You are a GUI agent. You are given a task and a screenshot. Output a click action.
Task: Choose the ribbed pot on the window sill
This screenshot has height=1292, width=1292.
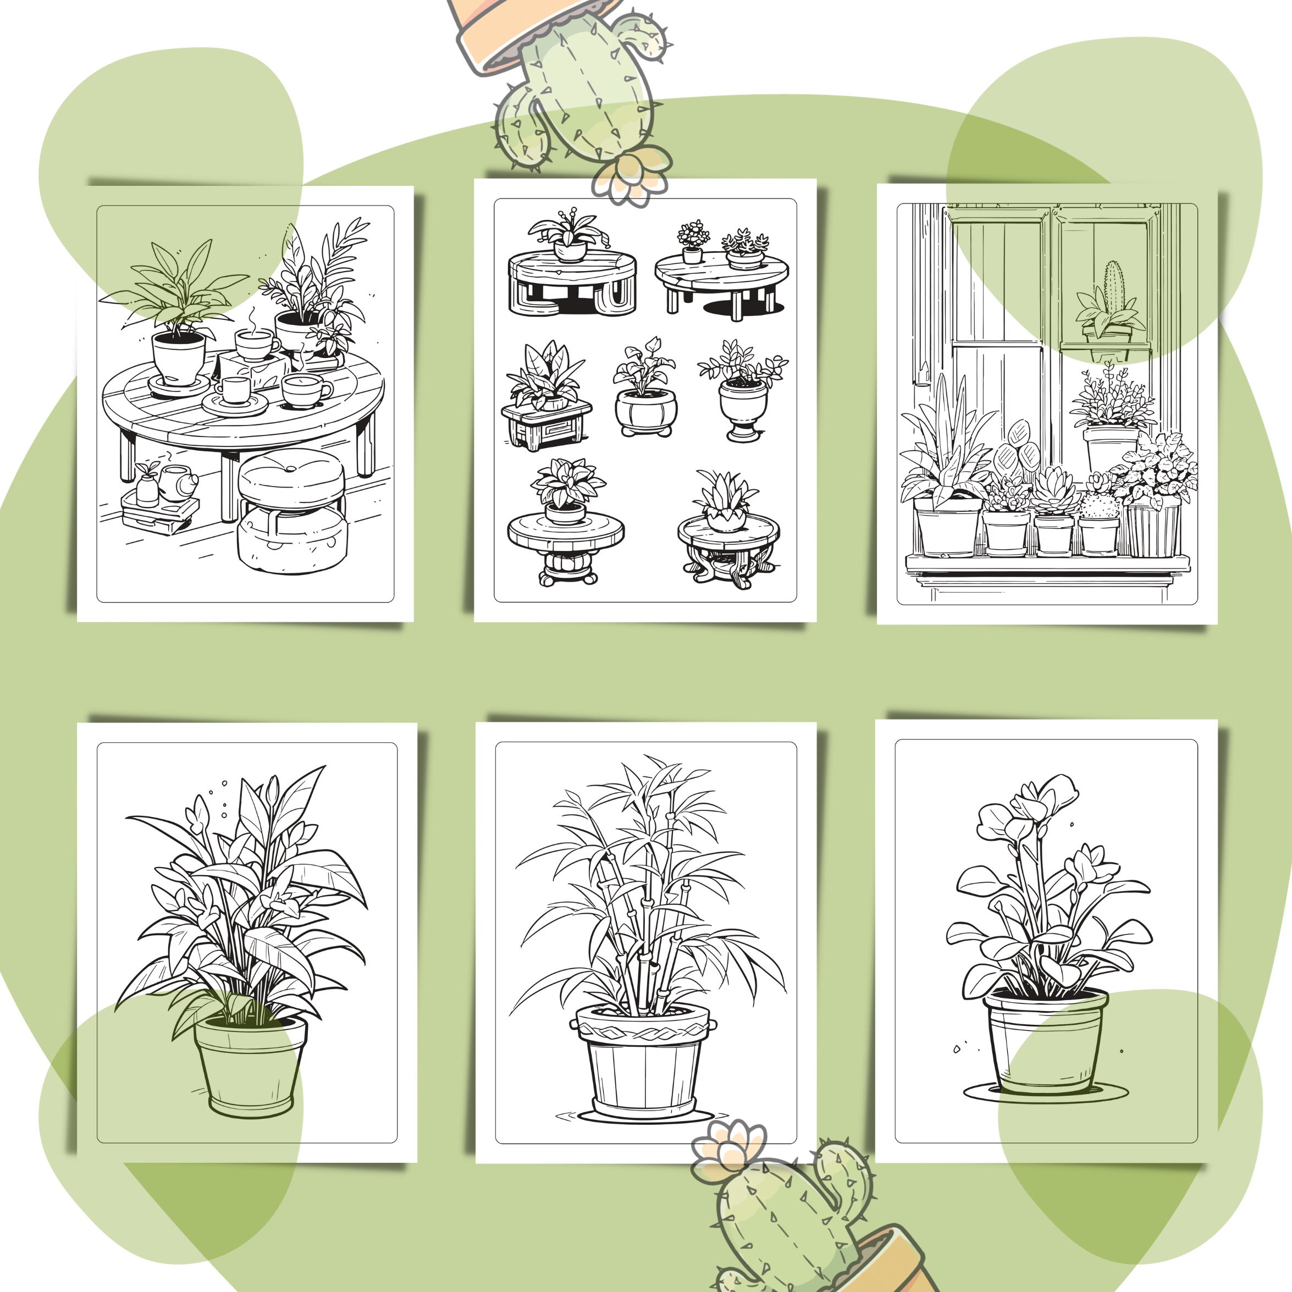1153,529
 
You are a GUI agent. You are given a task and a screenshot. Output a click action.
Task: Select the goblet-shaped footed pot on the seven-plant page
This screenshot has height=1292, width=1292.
743,408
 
